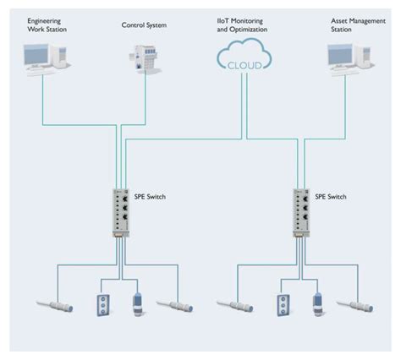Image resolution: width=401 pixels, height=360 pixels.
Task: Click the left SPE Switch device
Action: [x=119, y=211]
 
